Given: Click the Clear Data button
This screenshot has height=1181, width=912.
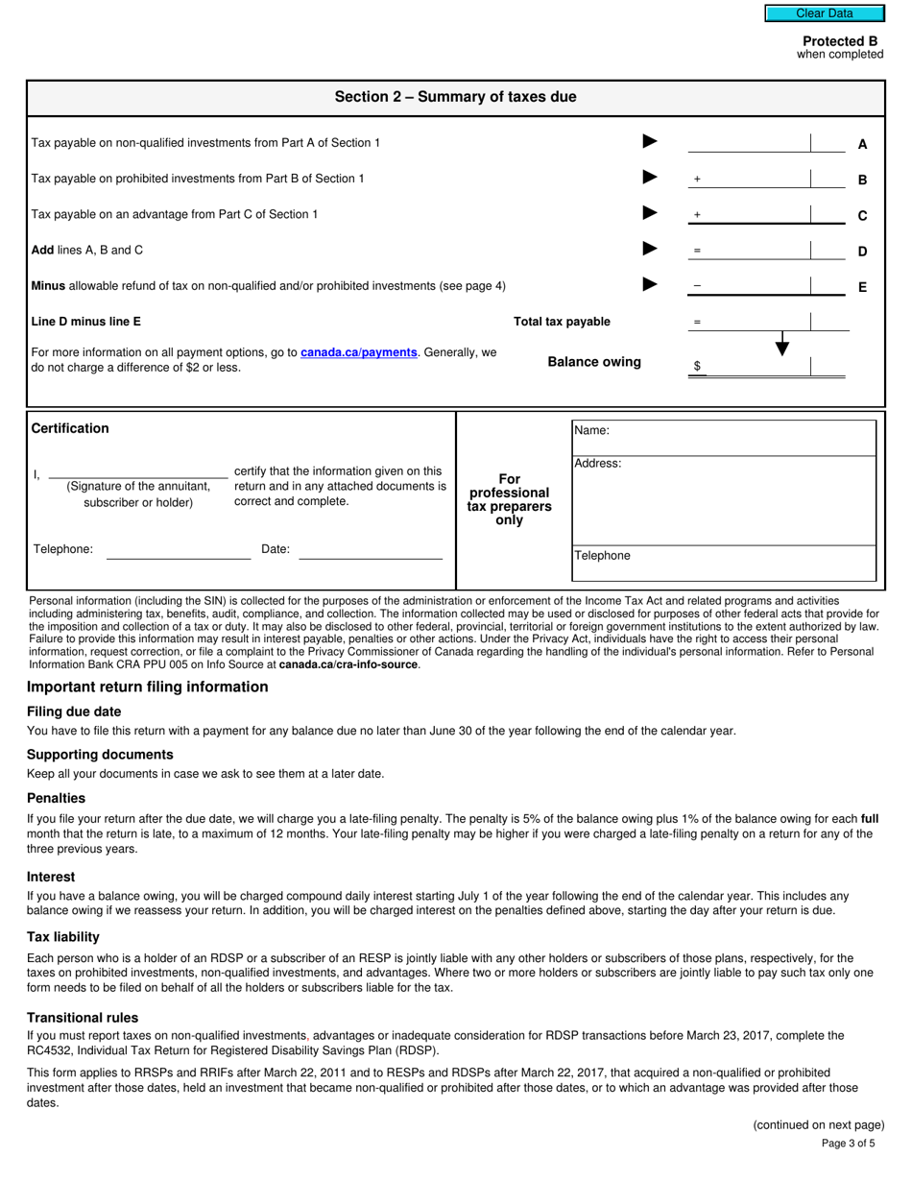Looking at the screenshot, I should tap(824, 13).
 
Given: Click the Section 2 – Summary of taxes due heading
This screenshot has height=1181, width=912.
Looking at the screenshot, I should tap(455, 97).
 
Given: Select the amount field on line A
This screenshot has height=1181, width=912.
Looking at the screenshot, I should tap(749, 143).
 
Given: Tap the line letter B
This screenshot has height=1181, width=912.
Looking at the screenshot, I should tap(862, 180).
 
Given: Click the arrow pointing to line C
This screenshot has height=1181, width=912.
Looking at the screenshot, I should tap(650, 213).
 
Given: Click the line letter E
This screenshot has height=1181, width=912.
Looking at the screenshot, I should tap(862, 287).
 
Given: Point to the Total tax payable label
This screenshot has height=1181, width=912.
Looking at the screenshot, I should tap(562, 322).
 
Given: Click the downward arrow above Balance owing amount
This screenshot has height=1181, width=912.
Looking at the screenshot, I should tap(782, 344).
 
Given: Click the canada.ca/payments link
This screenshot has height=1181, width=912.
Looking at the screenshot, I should tap(358, 353).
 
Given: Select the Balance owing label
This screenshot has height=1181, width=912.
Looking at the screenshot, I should tap(594, 362).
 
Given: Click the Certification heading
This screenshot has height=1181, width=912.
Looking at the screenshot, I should tap(70, 428).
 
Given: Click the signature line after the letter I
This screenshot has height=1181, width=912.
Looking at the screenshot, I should tap(137, 471).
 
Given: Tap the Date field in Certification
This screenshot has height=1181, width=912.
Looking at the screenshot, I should tap(370, 550).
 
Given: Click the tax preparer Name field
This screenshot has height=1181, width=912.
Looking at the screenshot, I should tap(724, 438).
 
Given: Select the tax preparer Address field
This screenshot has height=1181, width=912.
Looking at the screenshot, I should tap(724, 501).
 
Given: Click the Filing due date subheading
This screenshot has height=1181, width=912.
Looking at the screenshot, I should tap(74, 711).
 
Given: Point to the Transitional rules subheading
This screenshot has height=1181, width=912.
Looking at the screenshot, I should tap(83, 1018).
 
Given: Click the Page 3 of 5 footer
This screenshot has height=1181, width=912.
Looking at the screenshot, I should tap(848, 1144).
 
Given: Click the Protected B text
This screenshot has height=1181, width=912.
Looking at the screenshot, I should tap(839, 41).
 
